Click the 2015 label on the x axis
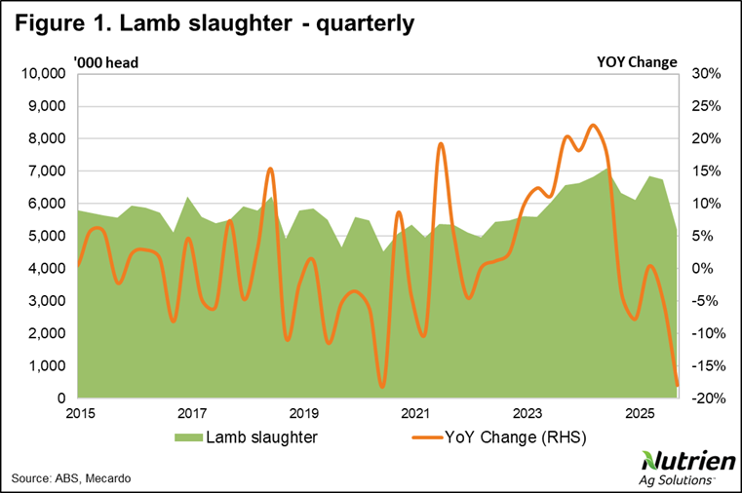80,413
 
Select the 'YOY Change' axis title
636,62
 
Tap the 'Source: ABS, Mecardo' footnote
71,478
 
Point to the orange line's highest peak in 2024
593,126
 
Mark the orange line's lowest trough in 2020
382,387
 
